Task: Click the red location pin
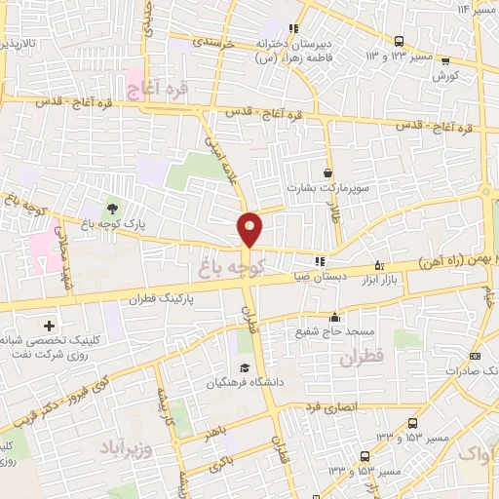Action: [250, 228]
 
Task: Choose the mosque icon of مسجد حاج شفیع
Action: [334, 317]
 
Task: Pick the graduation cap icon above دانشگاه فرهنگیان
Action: [248, 367]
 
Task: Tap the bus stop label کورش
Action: [445, 75]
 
